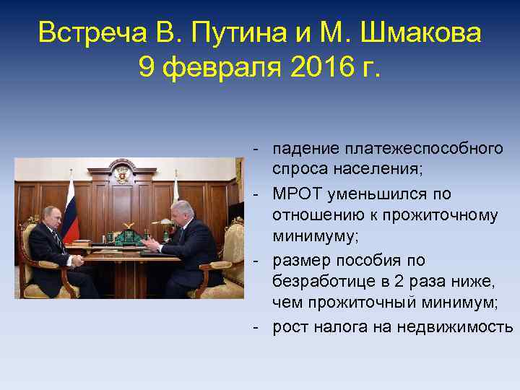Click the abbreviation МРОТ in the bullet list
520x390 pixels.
297,194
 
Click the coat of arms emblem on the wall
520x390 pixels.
122,173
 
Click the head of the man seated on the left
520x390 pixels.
51,217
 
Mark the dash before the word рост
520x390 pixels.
257,327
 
